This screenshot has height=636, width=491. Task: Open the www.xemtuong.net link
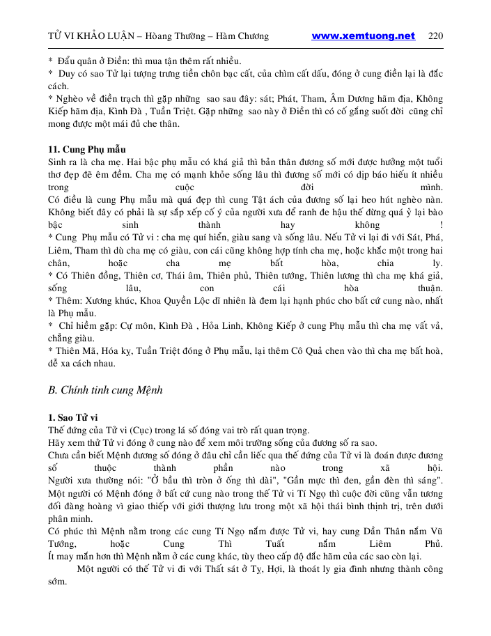click(363, 36)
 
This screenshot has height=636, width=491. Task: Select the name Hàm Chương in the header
click(242, 36)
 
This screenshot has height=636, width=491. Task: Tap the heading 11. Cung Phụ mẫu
click(86, 150)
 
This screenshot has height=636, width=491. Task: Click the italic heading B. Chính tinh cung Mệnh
click(105, 390)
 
